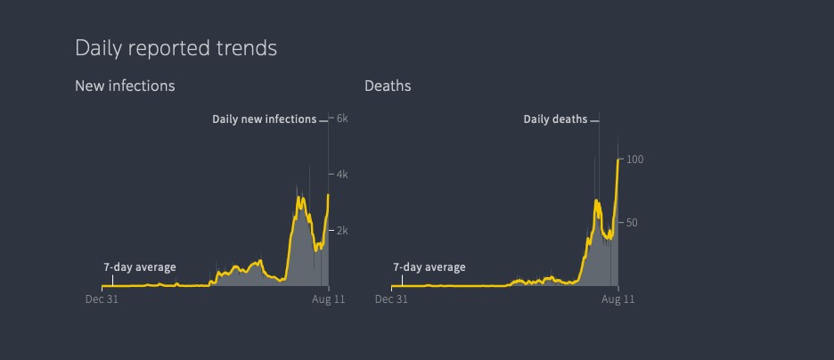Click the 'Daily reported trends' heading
point(176,48)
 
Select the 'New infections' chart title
point(125,86)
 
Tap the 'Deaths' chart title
point(388,86)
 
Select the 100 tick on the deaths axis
point(634,160)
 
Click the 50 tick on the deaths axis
point(632,223)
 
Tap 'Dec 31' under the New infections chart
point(102,299)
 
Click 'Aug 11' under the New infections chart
point(329,299)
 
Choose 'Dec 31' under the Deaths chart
point(391,299)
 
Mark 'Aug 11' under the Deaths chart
point(618,299)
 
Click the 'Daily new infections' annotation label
point(264,119)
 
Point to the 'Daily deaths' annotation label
point(555,119)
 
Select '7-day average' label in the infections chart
point(140,267)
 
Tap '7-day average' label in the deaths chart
point(429,267)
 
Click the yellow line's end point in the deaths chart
point(618,160)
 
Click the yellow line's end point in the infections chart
point(329,195)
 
